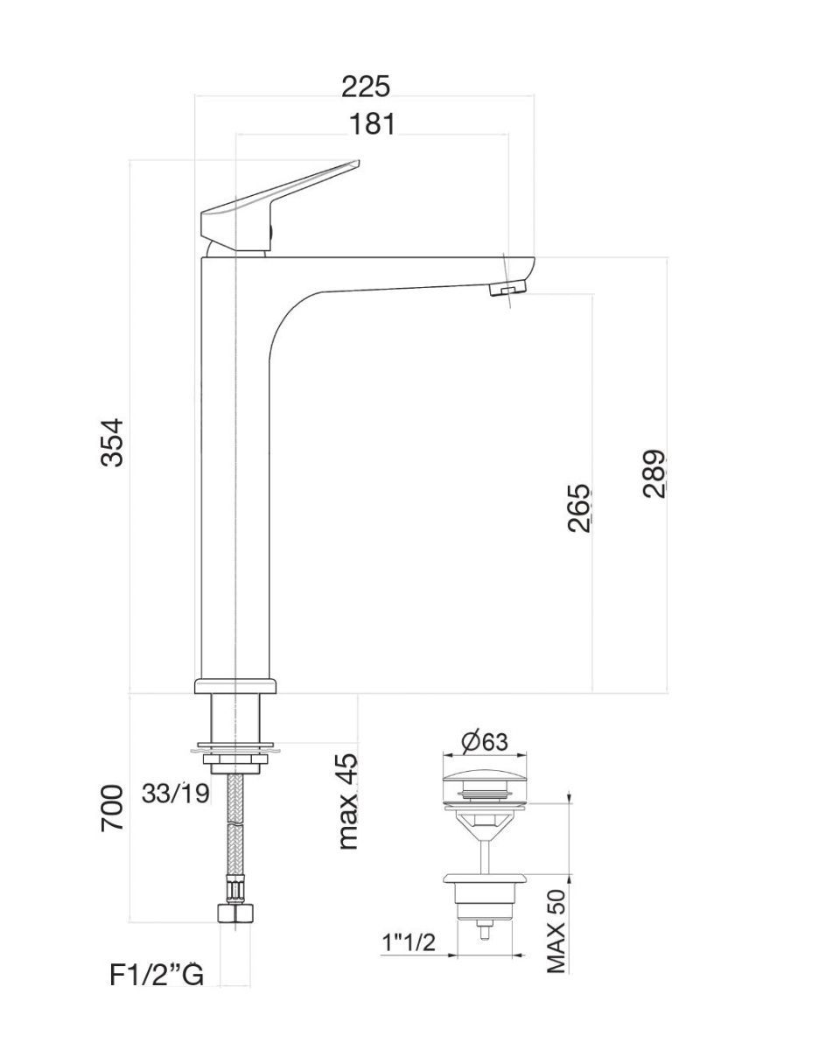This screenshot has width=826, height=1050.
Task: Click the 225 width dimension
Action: [366, 87]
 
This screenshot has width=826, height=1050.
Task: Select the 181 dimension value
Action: [373, 124]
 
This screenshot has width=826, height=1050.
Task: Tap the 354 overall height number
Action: [112, 442]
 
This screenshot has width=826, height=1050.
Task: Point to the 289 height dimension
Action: [654, 473]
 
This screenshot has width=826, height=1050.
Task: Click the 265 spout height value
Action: [579, 507]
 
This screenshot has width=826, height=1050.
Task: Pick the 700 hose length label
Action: [112, 808]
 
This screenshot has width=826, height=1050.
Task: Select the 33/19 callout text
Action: [176, 793]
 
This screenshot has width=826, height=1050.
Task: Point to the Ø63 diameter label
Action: [485, 742]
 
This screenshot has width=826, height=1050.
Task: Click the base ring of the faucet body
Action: [235, 685]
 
